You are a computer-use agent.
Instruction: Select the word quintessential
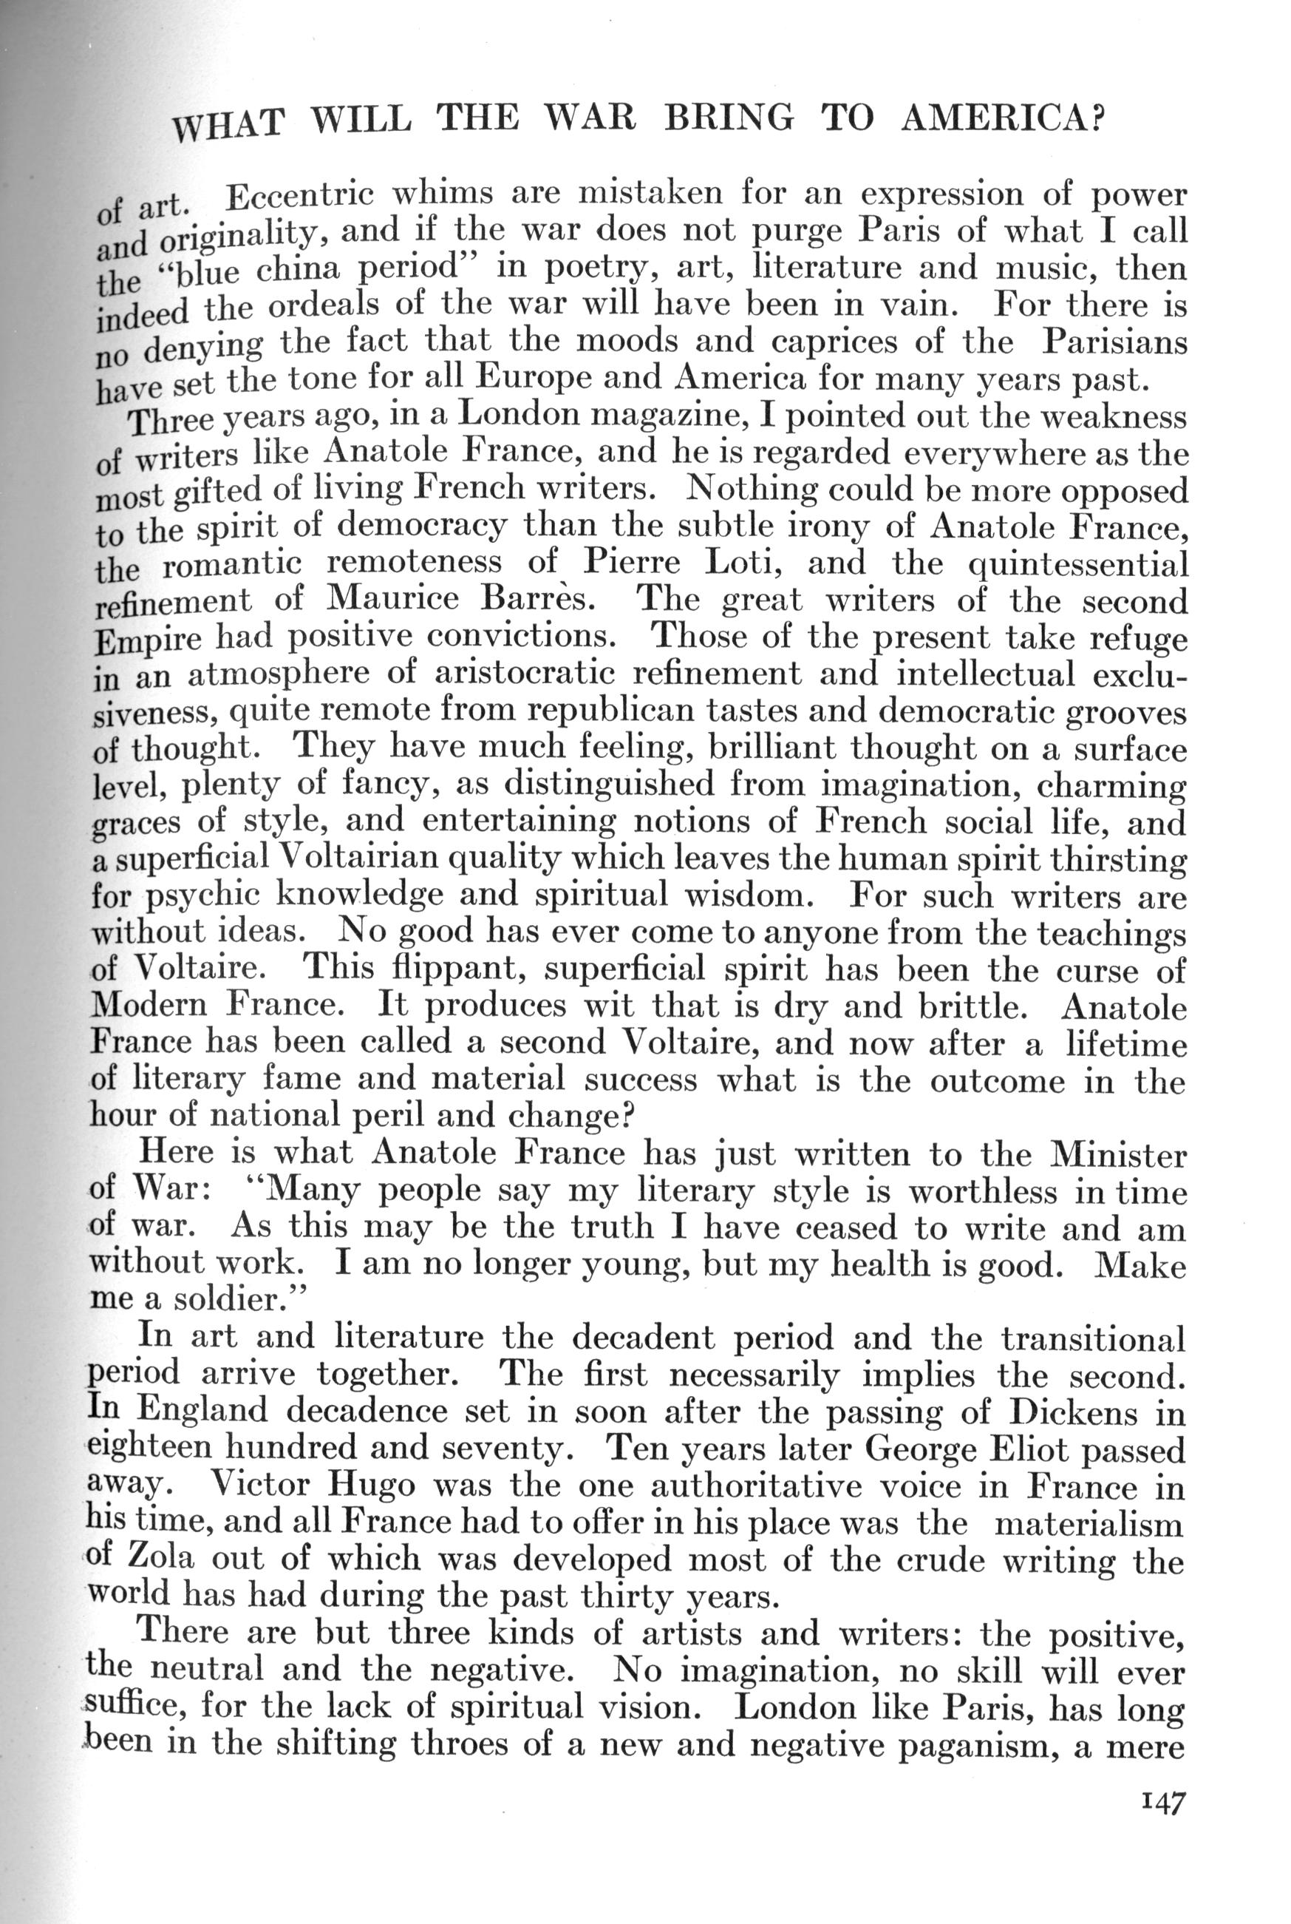tap(1079, 565)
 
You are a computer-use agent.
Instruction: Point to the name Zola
tap(161, 1559)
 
